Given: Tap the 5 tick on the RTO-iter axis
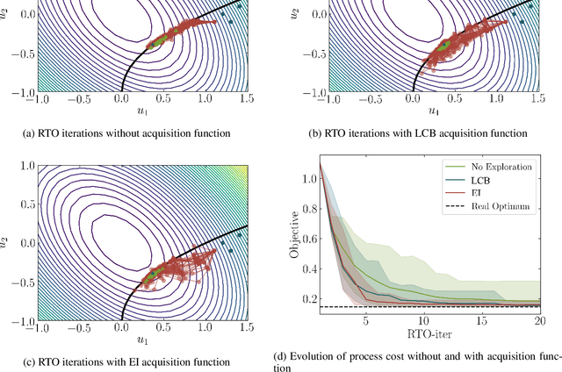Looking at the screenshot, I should [x=366, y=322].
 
